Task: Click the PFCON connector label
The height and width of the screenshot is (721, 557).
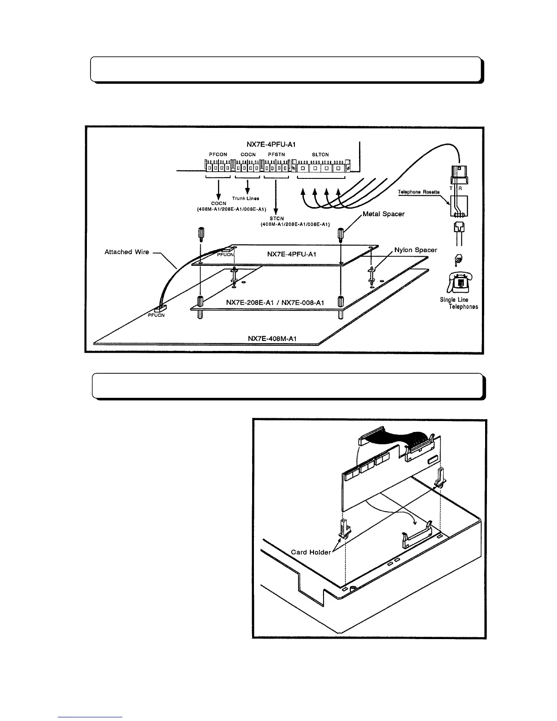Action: tap(218, 155)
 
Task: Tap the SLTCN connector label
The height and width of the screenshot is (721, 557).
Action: tap(320, 155)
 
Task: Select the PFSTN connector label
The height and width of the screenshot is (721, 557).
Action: tap(276, 155)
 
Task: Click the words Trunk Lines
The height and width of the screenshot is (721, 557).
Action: tap(246, 198)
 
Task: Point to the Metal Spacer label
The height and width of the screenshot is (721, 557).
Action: tap(384, 214)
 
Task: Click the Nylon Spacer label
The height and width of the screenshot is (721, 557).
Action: tap(415, 250)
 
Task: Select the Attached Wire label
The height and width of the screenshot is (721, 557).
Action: tap(127, 252)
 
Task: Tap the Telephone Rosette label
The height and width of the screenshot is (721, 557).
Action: tap(419, 192)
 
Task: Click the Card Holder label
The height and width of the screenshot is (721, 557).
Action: tap(311, 552)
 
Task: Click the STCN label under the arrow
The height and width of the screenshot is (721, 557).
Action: tap(276, 219)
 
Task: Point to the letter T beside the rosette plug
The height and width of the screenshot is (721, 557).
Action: tap(451, 188)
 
